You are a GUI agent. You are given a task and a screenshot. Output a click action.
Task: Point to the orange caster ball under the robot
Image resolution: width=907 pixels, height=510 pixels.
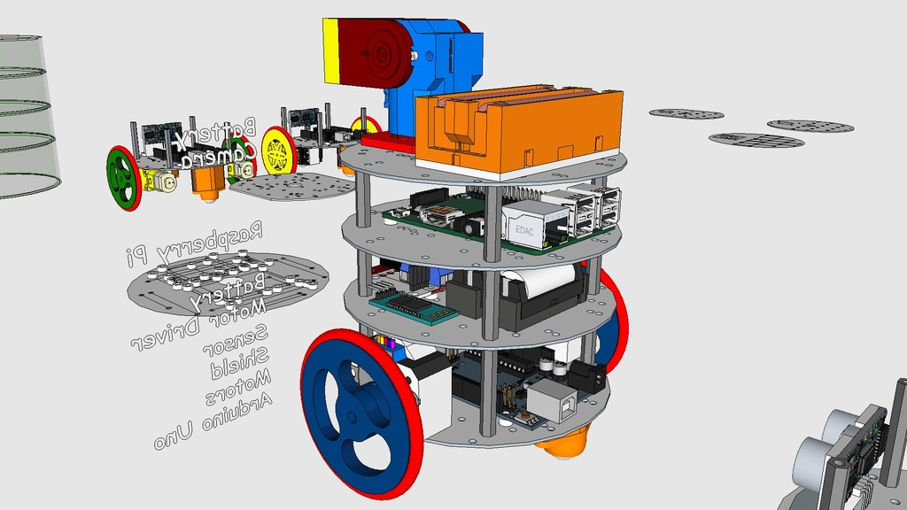click(x=564, y=441)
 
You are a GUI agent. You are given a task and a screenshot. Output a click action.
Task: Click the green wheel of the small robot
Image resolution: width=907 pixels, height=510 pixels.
click(x=123, y=178)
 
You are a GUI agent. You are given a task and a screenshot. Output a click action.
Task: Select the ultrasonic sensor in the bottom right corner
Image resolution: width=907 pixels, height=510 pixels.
click(x=850, y=452)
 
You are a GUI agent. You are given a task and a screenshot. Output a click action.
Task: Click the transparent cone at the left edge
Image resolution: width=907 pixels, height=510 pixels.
click(x=22, y=115)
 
